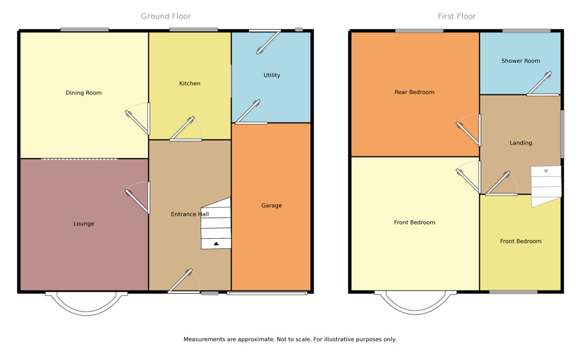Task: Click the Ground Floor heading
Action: [x=166, y=16]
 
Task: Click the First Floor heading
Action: [x=457, y=16]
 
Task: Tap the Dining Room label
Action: [x=83, y=93]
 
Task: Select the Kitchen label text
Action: [x=190, y=84]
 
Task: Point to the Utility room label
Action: [x=272, y=75]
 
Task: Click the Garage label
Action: [x=272, y=206]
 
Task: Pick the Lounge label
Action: [x=83, y=224]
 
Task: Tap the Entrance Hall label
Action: [x=189, y=215]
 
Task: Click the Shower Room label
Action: [x=520, y=61]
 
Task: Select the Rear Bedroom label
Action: [x=414, y=92]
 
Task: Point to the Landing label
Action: [x=520, y=143]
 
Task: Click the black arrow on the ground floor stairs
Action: [x=216, y=244]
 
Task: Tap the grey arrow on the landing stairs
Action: [x=546, y=171]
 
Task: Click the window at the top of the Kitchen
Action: [x=193, y=30]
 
